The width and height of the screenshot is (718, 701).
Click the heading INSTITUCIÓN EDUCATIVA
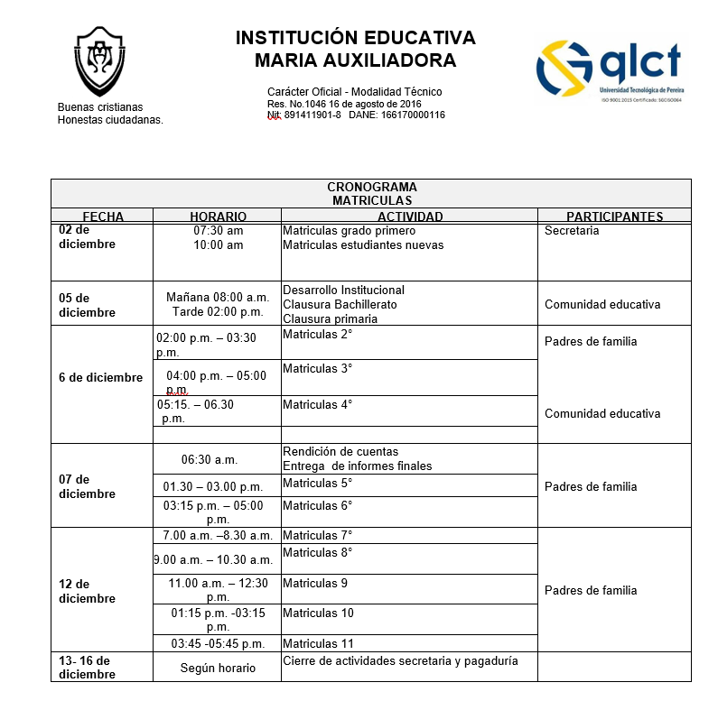coord(355,38)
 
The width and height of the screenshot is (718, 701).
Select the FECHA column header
coord(103,217)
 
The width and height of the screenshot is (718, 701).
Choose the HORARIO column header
coord(218,217)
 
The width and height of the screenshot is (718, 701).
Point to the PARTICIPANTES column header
coord(614,217)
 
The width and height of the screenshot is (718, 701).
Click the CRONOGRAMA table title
coord(371,187)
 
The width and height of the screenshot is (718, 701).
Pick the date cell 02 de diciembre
coord(87,237)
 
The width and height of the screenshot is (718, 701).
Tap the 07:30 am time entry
coord(218,231)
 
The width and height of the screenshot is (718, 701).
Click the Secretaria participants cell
coord(572,231)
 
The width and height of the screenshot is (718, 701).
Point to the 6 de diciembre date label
coord(100,377)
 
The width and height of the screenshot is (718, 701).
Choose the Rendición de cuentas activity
coord(340,452)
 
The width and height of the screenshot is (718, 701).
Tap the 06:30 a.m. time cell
coord(210,459)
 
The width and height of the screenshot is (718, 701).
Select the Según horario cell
coord(218,669)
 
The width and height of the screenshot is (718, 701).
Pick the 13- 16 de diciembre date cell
coord(88,668)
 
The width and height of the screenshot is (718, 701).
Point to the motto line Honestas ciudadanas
coord(110,120)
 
